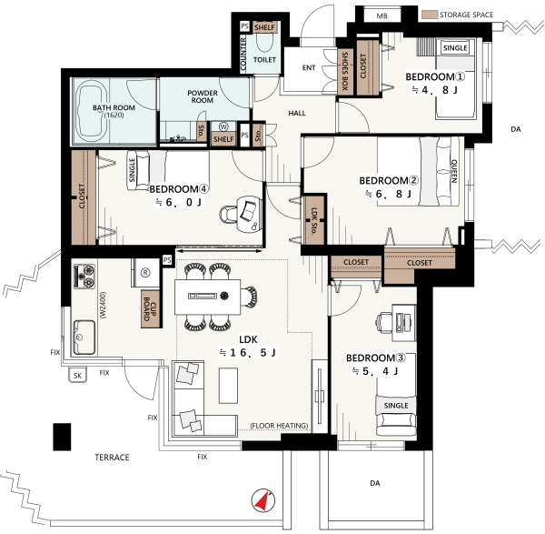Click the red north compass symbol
(x=263, y=500)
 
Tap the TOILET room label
(x=264, y=60)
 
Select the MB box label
(x=381, y=16)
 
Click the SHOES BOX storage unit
(x=345, y=71)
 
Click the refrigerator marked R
(x=145, y=273)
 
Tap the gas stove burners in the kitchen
(x=84, y=276)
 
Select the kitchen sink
(x=84, y=338)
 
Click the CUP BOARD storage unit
(x=151, y=309)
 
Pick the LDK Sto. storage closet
(x=314, y=220)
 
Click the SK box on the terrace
(x=77, y=376)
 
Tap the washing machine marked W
(x=223, y=126)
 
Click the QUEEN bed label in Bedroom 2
(x=453, y=171)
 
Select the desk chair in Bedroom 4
(x=228, y=214)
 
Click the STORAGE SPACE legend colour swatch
(x=430, y=15)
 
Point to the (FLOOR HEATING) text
(x=279, y=426)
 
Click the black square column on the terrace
(x=62, y=437)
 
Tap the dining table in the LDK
(x=207, y=297)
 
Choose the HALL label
(x=297, y=113)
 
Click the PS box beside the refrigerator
(x=167, y=260)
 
